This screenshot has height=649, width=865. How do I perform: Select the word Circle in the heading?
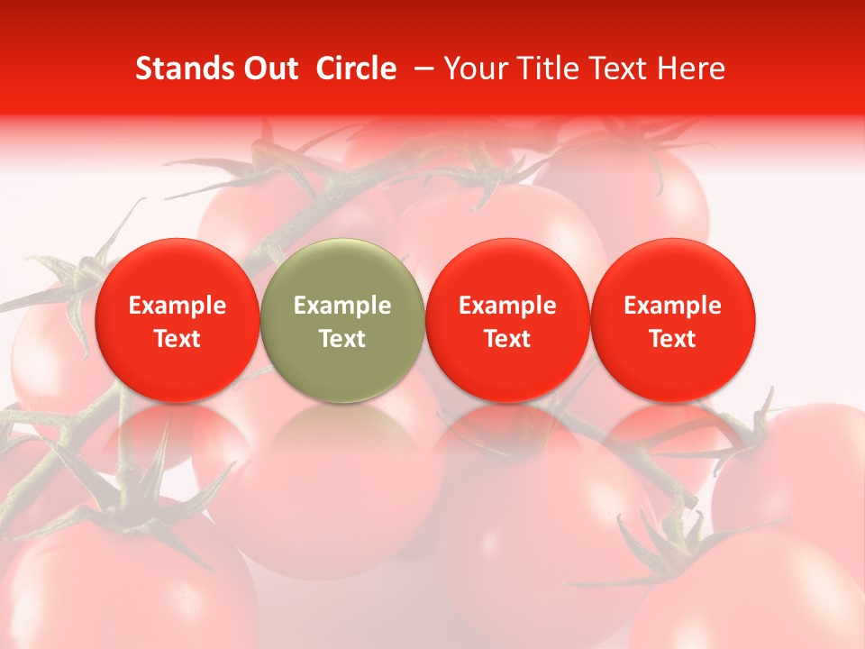[356, 69]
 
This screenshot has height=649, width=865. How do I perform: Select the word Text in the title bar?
[612, 69]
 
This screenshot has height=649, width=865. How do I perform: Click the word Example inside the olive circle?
[342, 306]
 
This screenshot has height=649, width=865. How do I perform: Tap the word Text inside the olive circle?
[342, 339]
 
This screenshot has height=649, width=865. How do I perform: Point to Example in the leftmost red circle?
[177, 306]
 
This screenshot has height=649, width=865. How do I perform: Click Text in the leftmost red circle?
[177, 339]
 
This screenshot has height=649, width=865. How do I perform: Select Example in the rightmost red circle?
[673, 306]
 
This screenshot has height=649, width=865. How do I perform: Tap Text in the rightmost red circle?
[673, 339]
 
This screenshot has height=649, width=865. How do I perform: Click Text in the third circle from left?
[507, 339]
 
